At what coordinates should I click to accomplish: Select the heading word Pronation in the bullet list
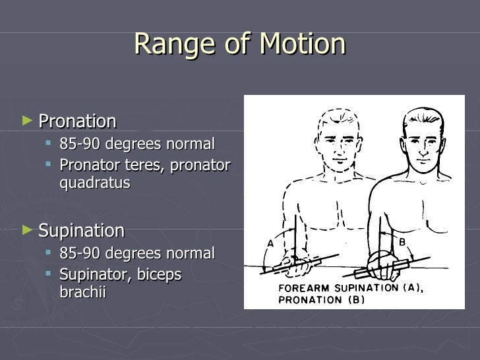coord(77,121)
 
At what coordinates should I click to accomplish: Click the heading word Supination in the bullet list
coord(81,231)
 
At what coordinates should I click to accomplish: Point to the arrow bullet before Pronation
coord(26,121)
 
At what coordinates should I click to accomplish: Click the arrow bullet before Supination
coord(26,230)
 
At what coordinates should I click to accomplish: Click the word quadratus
coord(95,183)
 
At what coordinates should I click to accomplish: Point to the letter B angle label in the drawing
coord(402,242)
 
